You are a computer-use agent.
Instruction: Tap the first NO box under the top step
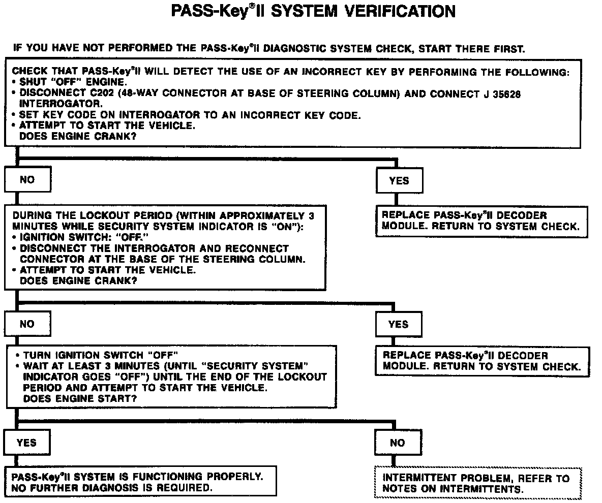tap(27, 179)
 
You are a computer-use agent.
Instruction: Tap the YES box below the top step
tap(399, 180)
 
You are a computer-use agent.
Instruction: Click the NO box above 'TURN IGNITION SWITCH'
tap(27, 324)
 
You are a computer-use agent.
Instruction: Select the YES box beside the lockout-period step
tap(398, 324)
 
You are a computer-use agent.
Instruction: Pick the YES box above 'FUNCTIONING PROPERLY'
tap(26, 442)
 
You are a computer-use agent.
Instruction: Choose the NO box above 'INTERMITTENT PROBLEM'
tap(397, 443)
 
